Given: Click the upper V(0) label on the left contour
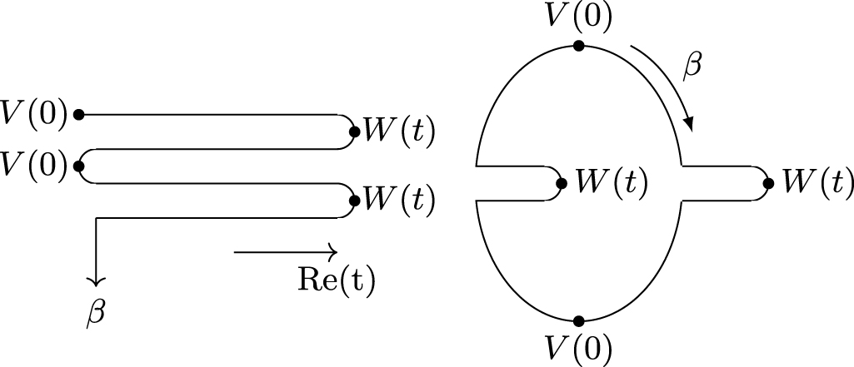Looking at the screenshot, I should pos(34,115).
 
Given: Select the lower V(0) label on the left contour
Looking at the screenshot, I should pos(34,164).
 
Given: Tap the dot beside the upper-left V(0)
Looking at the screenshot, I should pos(78,115).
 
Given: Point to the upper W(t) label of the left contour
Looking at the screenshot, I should pos(397,131).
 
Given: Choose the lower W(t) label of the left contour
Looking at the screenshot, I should pos(397,200).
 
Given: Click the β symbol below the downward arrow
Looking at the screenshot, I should pos(97,314).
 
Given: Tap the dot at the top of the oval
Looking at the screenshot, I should pos(578,46).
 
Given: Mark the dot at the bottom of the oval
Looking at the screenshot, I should pos(578,320).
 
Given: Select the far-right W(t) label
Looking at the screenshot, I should pos(815,182).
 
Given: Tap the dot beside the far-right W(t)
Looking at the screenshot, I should pos(767,182).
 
